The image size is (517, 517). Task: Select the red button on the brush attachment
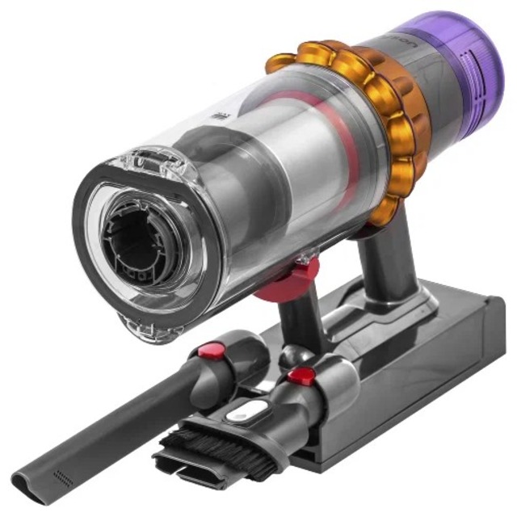(302, 376)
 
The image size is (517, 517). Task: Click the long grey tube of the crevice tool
(121, 420)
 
